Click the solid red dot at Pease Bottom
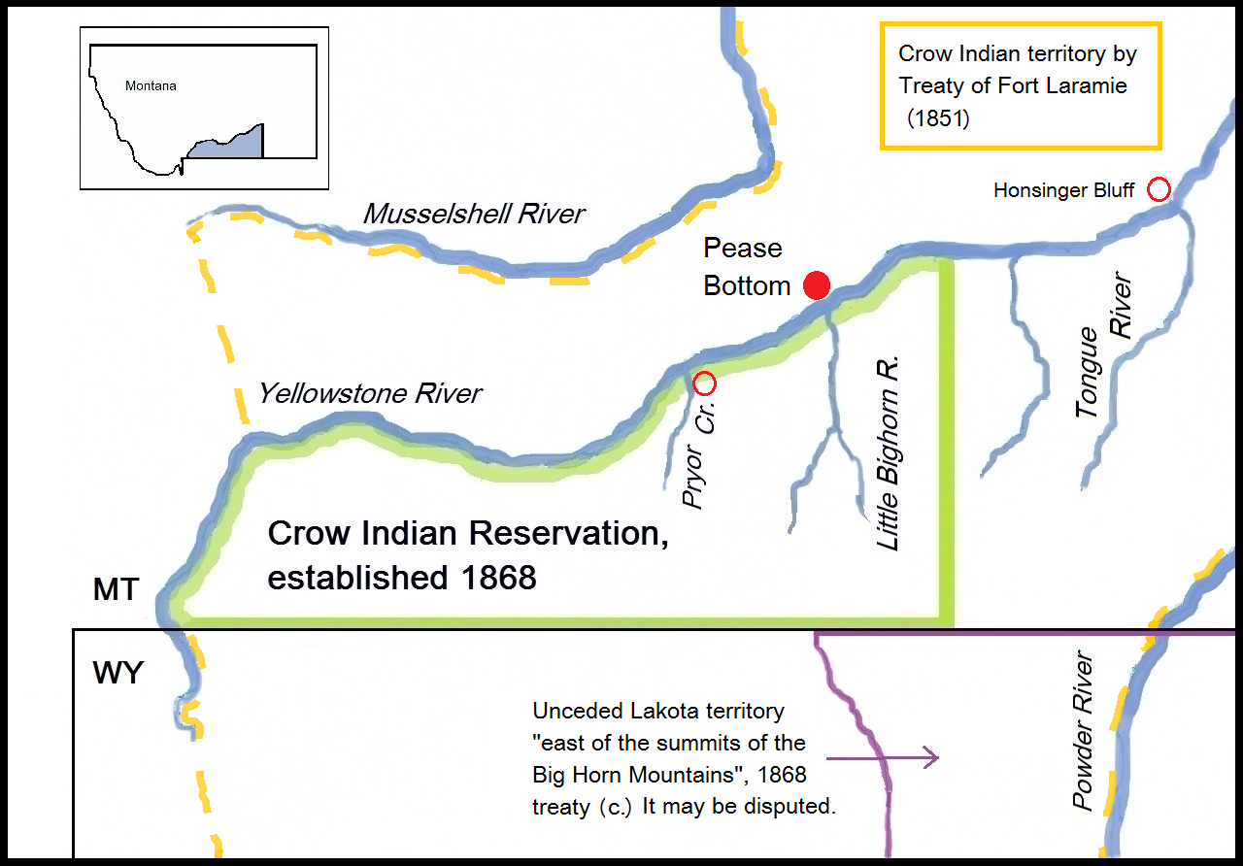818,285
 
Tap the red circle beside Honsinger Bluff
1159,190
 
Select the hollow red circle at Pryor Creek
706,383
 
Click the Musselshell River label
474,214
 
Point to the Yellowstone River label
370,393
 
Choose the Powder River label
1083,732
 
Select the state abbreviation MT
117,589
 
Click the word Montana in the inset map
151,86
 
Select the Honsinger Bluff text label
1063,191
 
